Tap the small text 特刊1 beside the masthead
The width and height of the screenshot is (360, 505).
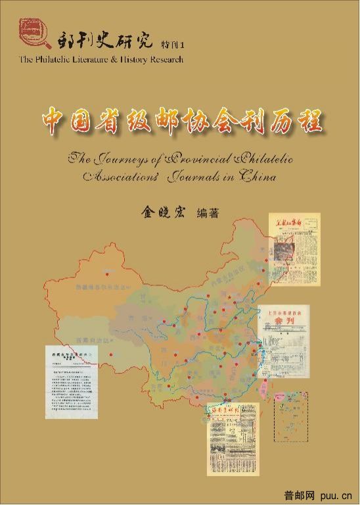173,44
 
